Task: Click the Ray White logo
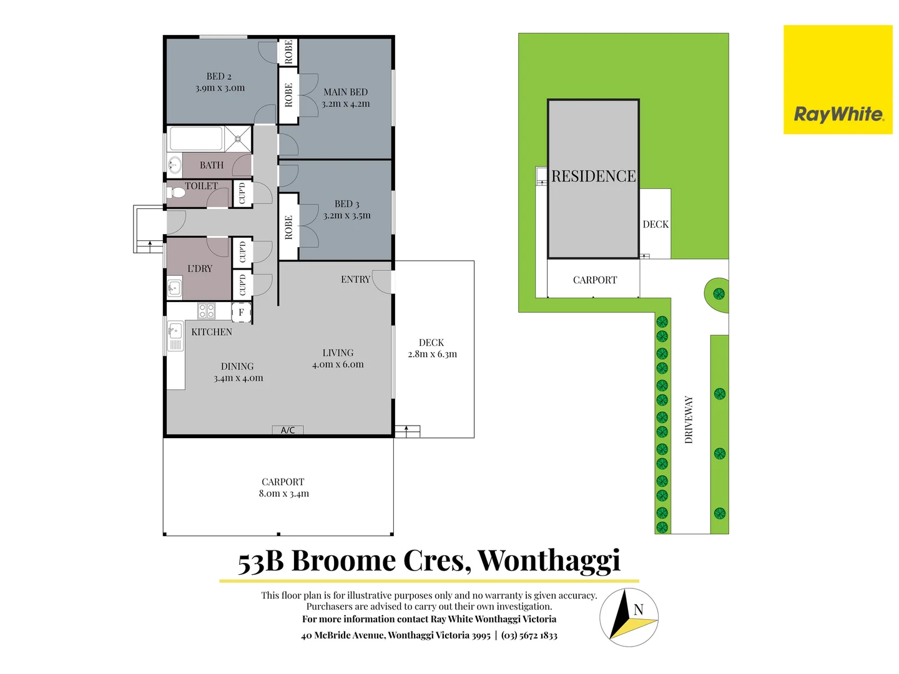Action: (838, 114)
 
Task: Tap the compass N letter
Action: (638, 610)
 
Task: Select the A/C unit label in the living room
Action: (288, 430)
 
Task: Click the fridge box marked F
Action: (241, 312)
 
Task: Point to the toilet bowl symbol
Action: (176, 192)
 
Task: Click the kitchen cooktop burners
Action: (207, 310)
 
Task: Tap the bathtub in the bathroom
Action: (196, 139)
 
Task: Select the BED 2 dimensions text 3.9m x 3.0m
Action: (220, 88)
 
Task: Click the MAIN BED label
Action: (345, 92)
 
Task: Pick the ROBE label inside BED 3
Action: (288, 227)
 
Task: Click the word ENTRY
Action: (355, 280)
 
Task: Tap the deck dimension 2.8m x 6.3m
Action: (432, 354)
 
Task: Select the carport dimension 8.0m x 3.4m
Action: (283, 494)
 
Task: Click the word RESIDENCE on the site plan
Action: (593, 177)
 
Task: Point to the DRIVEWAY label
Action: (689, 419)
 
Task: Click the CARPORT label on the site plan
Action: (594, 280)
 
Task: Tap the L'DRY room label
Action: (200, 268)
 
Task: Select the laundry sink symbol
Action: (174, 288)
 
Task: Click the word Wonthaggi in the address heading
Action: (549, 560)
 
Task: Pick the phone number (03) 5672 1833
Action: (529, 635)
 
